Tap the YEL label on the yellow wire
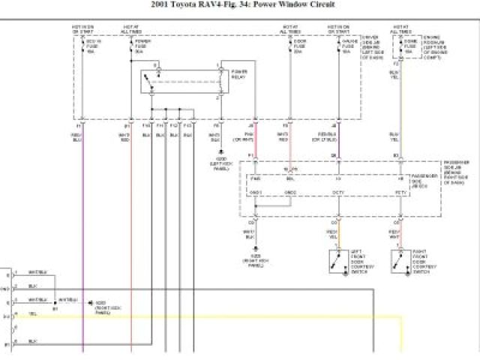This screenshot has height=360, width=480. coord(32,315)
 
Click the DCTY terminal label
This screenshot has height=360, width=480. coord(339,192)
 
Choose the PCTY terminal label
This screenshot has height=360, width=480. coord(400,192)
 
